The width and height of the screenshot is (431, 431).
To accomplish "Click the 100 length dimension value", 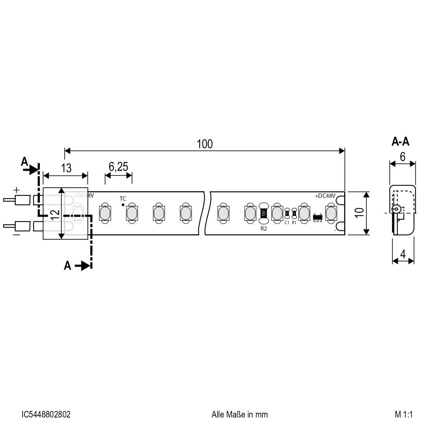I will (204, 144).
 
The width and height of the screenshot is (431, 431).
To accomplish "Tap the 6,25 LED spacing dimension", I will (118, 167).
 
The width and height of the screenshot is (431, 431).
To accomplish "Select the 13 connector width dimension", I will (66, 168).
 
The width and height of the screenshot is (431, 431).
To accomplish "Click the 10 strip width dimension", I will (359, 213).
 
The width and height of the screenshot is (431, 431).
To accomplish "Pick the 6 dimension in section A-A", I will (403, 157).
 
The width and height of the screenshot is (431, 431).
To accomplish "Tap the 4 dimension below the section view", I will (403, 254).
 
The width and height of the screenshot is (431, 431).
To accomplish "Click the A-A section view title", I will (400, 142).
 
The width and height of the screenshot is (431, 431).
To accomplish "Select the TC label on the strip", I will (123, 199).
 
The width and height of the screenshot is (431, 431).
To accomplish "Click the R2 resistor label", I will (263, 229).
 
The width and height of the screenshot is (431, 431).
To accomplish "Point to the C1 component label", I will (287, 222).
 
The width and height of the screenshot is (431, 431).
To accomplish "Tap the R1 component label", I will (294, 222).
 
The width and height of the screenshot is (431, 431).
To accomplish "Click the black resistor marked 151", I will (263, 213).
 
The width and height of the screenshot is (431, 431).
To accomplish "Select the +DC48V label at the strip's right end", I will (325, 196).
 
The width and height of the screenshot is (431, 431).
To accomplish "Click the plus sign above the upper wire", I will (16, 190).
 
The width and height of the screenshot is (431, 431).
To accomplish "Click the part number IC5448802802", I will (46, 414).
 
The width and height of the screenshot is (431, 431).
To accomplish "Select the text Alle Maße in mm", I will (239, 414).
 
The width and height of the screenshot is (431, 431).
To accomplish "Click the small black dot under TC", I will (123, 205).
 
